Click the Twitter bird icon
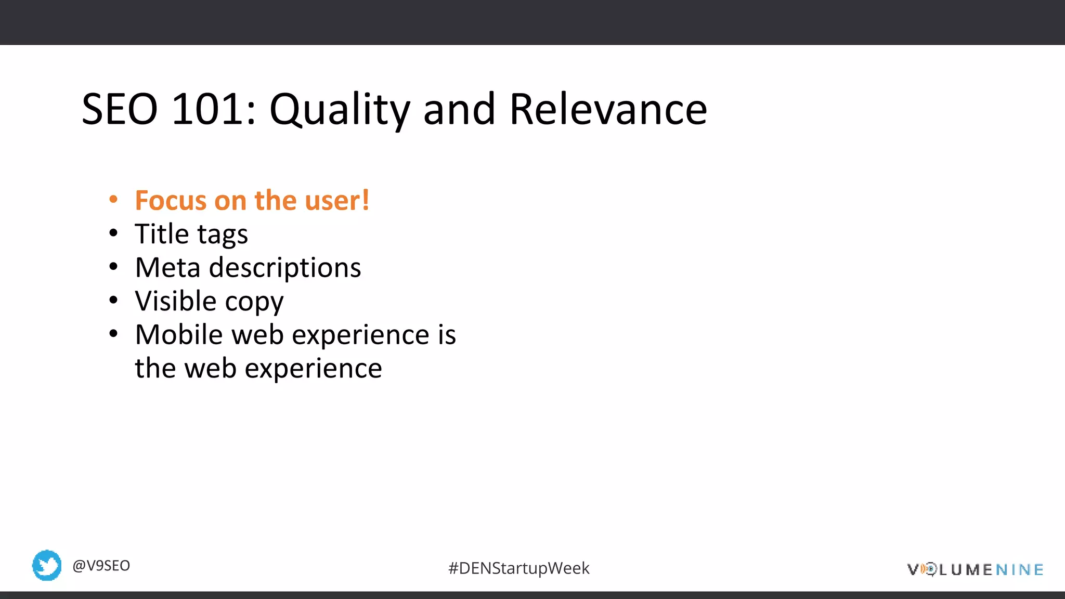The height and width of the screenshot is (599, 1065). click(47, 565)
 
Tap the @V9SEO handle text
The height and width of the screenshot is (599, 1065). click(101, 566)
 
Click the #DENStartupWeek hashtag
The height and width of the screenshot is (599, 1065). click(518, 568)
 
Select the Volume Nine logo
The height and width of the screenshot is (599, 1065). click(975, 570)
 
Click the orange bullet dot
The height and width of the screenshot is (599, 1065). click(113, 200)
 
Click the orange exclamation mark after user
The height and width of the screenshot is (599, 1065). click(366, 201)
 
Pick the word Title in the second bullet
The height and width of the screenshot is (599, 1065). click(162, 234)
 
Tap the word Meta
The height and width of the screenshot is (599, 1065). click(167, 268)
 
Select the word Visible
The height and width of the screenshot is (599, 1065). click(175, 301)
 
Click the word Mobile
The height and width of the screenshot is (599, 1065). click(179, 334)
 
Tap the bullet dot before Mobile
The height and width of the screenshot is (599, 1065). click(113, 334)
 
